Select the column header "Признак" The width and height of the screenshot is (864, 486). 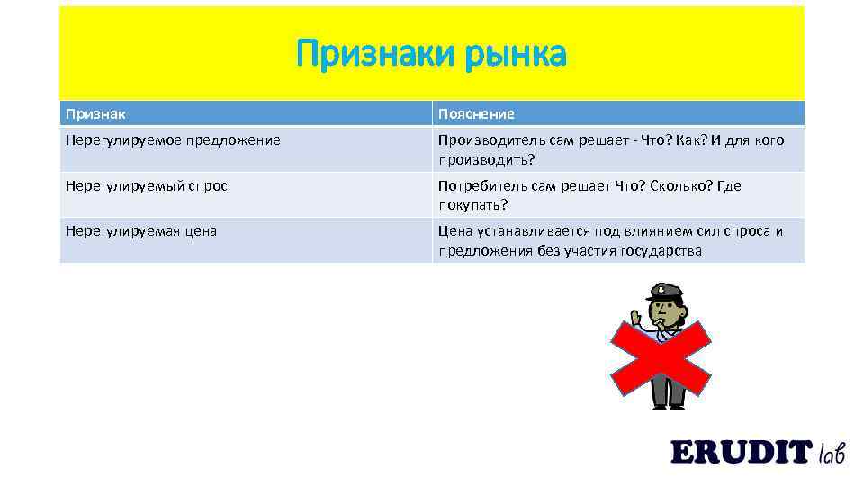tap(95, 114)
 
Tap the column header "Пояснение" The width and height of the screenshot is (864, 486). tap(476, 114)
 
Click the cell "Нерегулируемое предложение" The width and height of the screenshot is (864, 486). tap(173, 140)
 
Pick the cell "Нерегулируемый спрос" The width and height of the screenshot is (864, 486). tap(147, 185)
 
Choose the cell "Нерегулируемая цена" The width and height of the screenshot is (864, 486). tap(141, 230)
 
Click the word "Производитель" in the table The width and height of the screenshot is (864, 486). tap(489, 140)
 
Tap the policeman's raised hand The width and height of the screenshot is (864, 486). tap(635, 318)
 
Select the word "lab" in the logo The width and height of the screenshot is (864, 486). tap(832, 453)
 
